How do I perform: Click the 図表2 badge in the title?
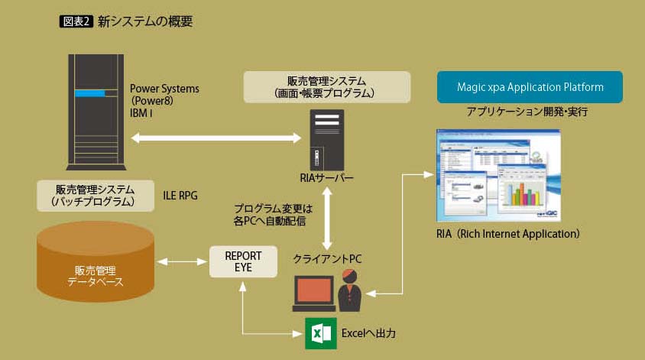(x=75, y=21)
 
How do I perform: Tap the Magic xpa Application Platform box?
(x=530, y=87)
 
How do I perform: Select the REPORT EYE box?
(x=242, y=262)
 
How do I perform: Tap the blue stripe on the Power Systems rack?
(x=89, y=94)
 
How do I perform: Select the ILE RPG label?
(x=180, y=196)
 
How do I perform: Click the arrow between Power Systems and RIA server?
(x=217, y=138)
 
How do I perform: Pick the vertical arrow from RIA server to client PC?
(x=327, y=219)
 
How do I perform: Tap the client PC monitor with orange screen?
(x=314, y=290)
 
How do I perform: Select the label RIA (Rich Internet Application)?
(x=507, y=233)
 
